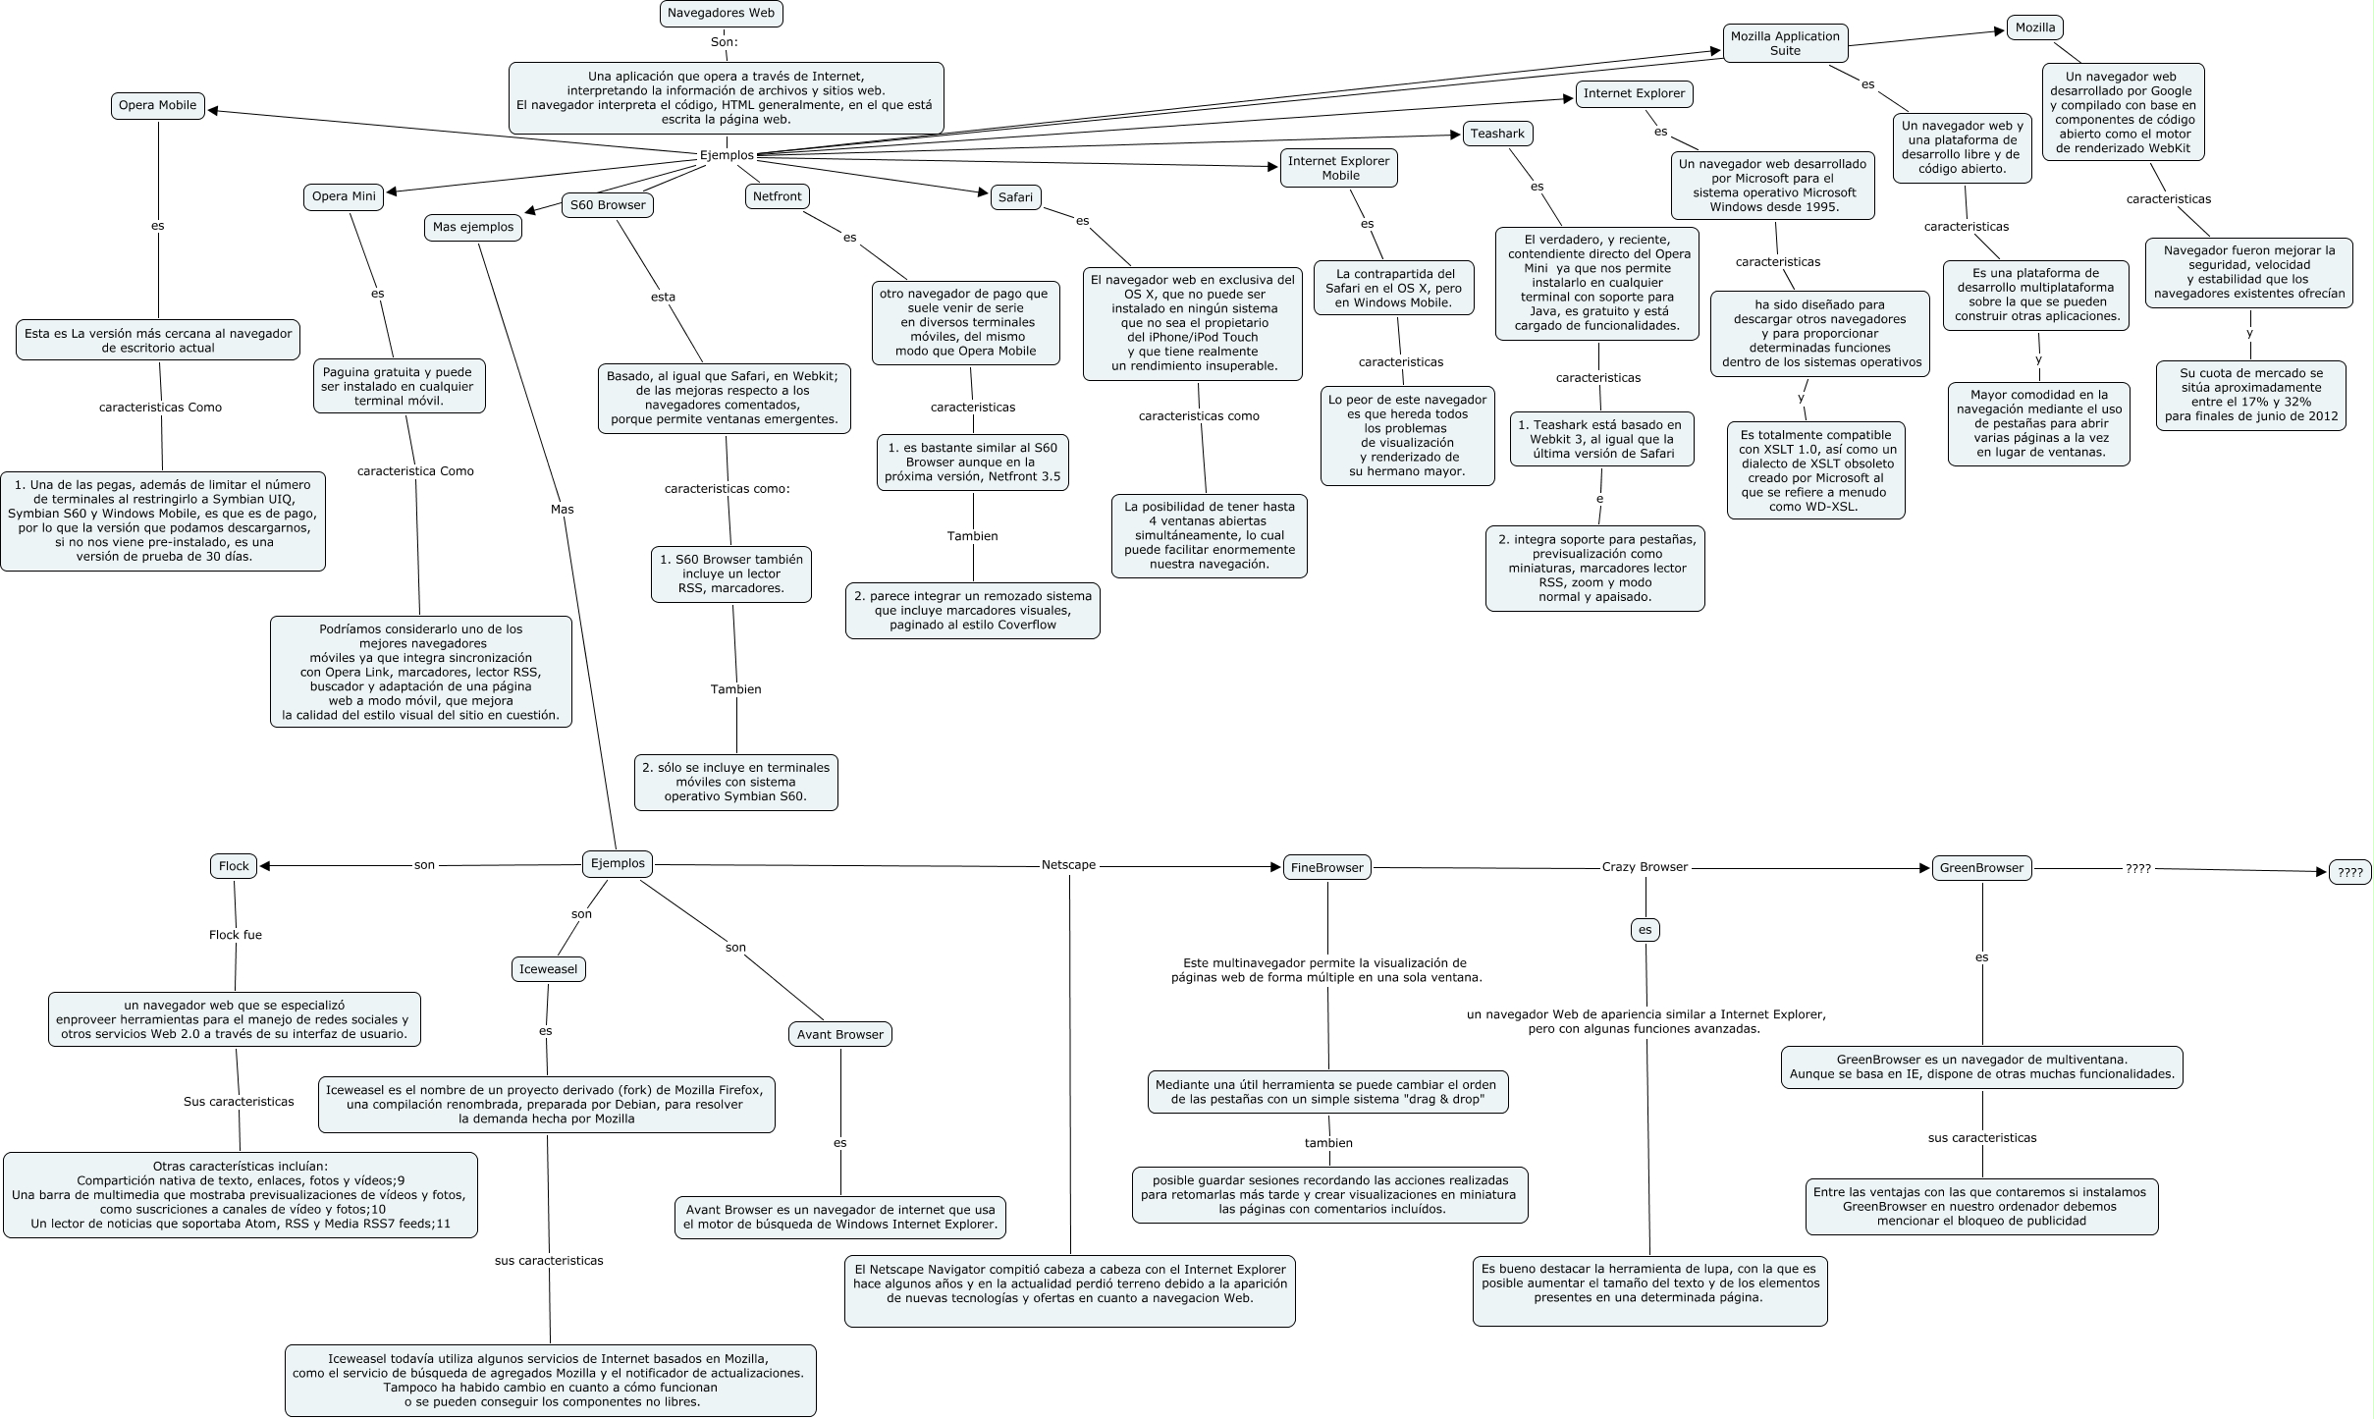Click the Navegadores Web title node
[x=722, y=14]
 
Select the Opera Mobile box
[x=158, y=106]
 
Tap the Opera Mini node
[x=344, y=196]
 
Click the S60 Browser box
[x=608, y=205]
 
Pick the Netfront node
[x=777, y=196]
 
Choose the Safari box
[x=1015, y=197]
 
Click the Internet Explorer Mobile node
[x=1339, y=168]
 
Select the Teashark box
[x=1497, y=134]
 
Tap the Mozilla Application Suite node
[x=1785, y=43]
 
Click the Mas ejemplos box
[x=473, y=227]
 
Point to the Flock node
[x=234, y=866]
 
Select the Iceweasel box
[x=549, y=969]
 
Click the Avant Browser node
[x=840, y=1034]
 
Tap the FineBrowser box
[x=1326, y=868]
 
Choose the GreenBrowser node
[x=1981, y=868]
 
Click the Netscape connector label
[x=1068, y=865]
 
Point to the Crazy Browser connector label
[x=1645, y=867]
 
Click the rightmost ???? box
[x=2349, y=872]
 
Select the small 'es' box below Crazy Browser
[x=1645, y=930]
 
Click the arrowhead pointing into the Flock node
[x=265, y=866]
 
